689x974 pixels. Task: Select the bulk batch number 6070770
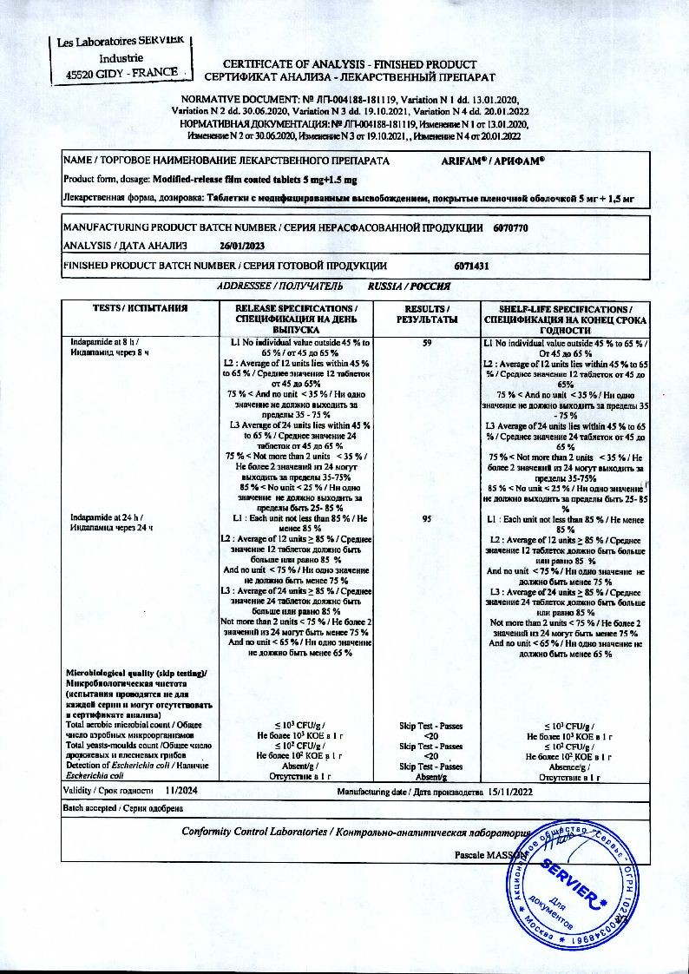(x=509, y=227)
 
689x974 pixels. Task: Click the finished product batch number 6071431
(x=472, y=267)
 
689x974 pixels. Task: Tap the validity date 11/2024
(x=181, y=792)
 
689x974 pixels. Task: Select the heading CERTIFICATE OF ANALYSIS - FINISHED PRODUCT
(x=350, y=64)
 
